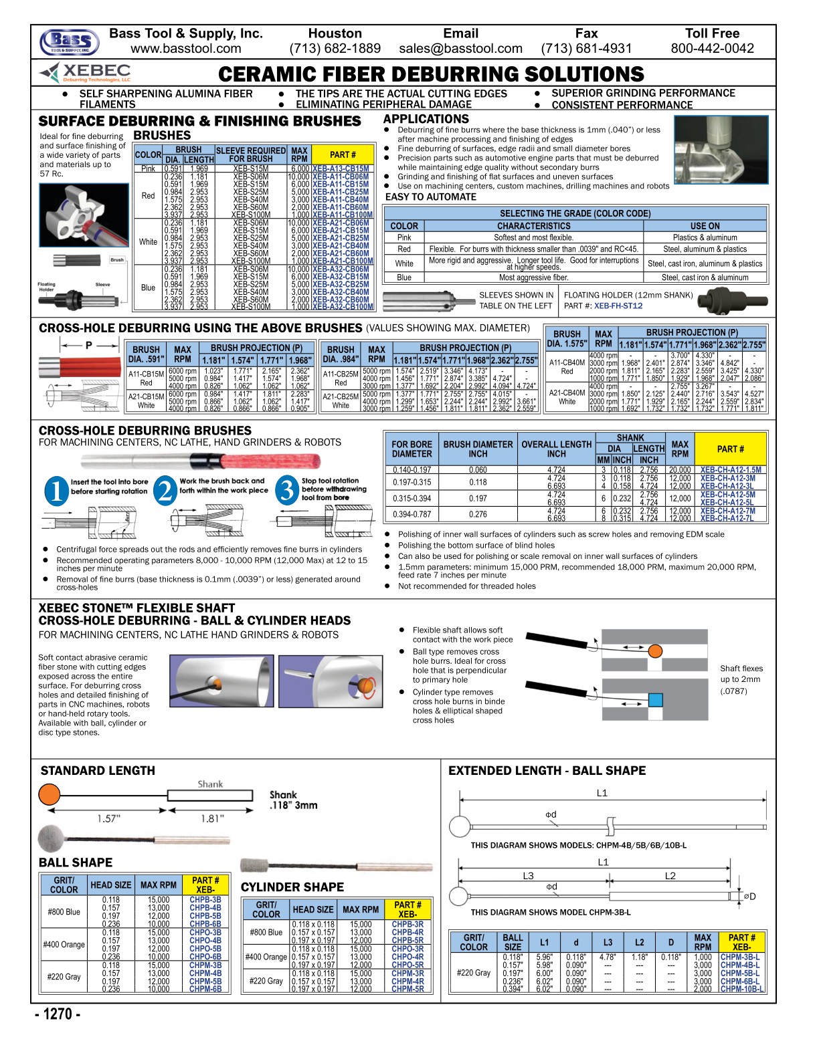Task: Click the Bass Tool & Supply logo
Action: (x=69, y=42)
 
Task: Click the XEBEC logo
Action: (x=85, y=72)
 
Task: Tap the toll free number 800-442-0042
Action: (x=712, y=49)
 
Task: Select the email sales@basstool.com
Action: (x=460, y=49)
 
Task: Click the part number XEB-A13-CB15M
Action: (x=341, y=169)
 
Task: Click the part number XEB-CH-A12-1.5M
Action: (x=730, y=470)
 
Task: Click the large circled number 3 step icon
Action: (x=287, y=490)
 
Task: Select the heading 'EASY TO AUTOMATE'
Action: (x=431, y=197)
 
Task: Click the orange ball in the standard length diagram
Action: (x=50, y=795)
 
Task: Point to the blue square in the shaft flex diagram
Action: (x=655, y=700)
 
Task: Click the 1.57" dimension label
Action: (x=108, y=818)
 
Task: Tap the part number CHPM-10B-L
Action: (x=741, y=990)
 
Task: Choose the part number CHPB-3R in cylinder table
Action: (x=407, y=925)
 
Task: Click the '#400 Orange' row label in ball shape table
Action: (x=64, y=945)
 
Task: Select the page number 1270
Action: (x=58, y=1014)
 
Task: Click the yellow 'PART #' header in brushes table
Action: (x=343, y=154)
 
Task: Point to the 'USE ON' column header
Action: (x=705, y=226)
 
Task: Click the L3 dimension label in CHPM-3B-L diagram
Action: (x=529, y=876)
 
